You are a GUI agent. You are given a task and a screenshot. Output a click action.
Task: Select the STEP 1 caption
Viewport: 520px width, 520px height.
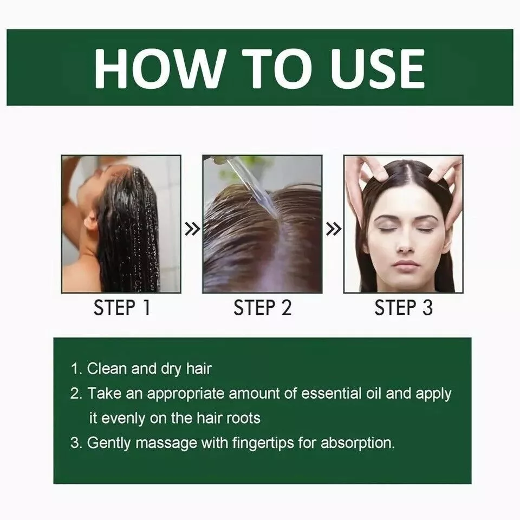point(122,308)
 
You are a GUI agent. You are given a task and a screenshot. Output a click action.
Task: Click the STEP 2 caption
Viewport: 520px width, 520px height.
point(262,308)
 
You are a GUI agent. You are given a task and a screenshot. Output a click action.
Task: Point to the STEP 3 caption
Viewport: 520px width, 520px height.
point(403,308)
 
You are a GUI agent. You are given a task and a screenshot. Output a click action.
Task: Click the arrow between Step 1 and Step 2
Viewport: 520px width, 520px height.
point(192,229)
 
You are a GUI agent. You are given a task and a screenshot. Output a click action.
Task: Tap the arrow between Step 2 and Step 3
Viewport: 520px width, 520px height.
point(333,229)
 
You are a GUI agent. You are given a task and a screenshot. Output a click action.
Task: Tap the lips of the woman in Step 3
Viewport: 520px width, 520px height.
point(405,265)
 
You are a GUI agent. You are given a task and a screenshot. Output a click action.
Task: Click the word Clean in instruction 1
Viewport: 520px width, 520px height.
point(107,368)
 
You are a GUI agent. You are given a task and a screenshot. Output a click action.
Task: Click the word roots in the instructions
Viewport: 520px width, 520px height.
point(243,418)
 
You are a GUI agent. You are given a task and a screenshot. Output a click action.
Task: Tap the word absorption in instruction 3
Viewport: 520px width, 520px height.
point(357,444)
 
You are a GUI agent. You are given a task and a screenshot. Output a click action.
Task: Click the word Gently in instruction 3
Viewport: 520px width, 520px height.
point(109,444)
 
